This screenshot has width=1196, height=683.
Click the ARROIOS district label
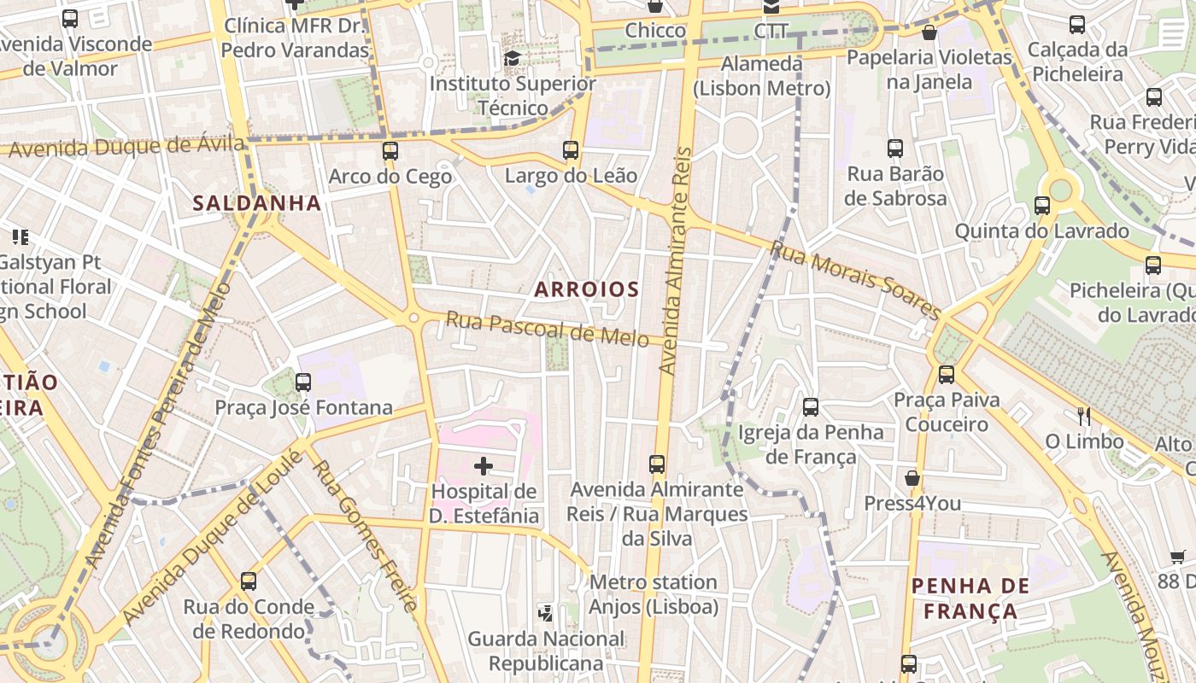tap(587, 289)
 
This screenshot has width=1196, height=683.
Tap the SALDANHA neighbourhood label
tap(257, 203)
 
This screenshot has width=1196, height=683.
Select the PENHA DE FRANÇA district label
tap(970, 598)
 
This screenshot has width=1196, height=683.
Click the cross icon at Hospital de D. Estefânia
tap(484, 466)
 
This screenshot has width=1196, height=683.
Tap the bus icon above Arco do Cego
tap(390, 151)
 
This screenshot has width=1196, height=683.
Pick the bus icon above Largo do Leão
tap(571, 150)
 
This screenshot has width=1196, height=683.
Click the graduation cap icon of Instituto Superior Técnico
tap(512, 58)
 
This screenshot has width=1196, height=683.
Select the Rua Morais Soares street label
tap(855, 277)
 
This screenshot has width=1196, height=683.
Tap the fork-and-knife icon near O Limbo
tap(1084, 417)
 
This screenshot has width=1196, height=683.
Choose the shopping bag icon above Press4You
tap(912, 477)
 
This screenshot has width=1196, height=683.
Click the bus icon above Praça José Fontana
tap(303, 382)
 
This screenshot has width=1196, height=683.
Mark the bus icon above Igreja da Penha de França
tap(811, 407)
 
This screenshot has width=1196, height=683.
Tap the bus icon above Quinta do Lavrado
tap(1042, 206)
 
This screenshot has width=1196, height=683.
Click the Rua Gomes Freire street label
tap(366, 536)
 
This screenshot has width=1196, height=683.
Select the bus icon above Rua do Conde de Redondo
tap(249, 581)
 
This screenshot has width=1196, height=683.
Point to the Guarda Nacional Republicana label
tap(546, 651)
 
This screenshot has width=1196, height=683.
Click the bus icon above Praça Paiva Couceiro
tap(946, 374)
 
